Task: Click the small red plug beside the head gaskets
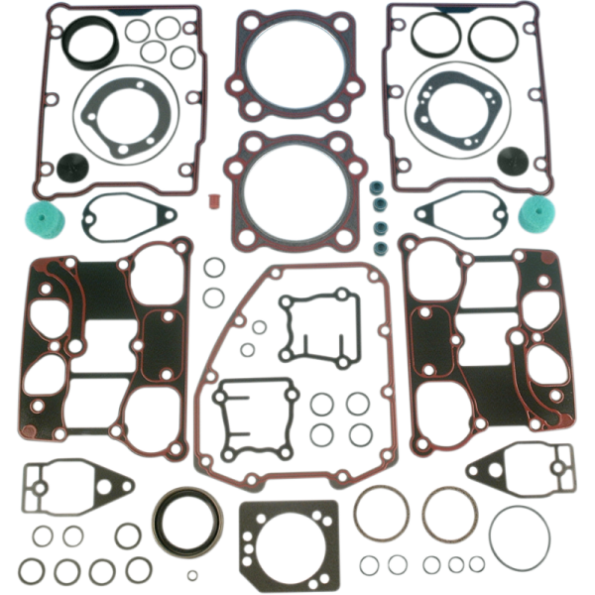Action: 209,201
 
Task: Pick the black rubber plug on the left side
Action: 70,165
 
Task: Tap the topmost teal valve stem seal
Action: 376,188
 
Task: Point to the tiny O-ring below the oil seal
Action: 192,574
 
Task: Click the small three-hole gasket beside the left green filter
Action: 128,216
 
